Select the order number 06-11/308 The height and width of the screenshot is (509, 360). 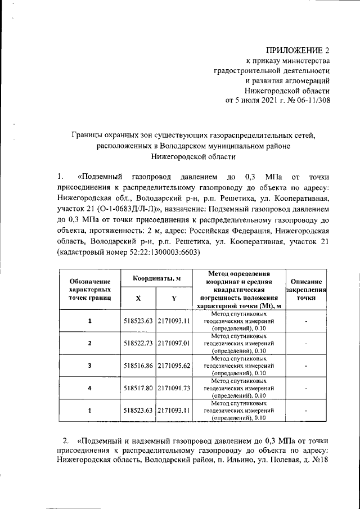pyautogui.click(x=309, y=101)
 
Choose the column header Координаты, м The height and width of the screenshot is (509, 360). pyautogui.click(x=156, y=280)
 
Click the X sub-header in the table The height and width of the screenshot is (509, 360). pyautogui.click(x=138, y=298)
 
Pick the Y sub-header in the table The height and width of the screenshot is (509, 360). pyautogui.click(x=174, y=298)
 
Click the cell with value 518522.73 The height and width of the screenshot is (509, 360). pyautogui.click(x=138, y=343)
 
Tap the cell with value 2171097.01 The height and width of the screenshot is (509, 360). pyautogui.click(x=174, y=343)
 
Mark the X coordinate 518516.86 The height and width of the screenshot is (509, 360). pyautogui.click(x=138, y=365)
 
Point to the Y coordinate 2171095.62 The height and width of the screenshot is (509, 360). pyautogui.click(x=174, y=365)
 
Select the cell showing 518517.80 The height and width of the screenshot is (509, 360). pyautogui.click(x=138, y=388)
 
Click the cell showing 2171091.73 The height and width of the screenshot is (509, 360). pyautogui.click(x=174, y=388)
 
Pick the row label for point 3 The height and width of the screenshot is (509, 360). pyautogui.click(x=89, y=365)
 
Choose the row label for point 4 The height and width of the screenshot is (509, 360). pyautogui.click(x=89, y=388)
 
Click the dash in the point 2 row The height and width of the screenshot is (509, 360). pyautogui.click(x=305, y=343)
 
